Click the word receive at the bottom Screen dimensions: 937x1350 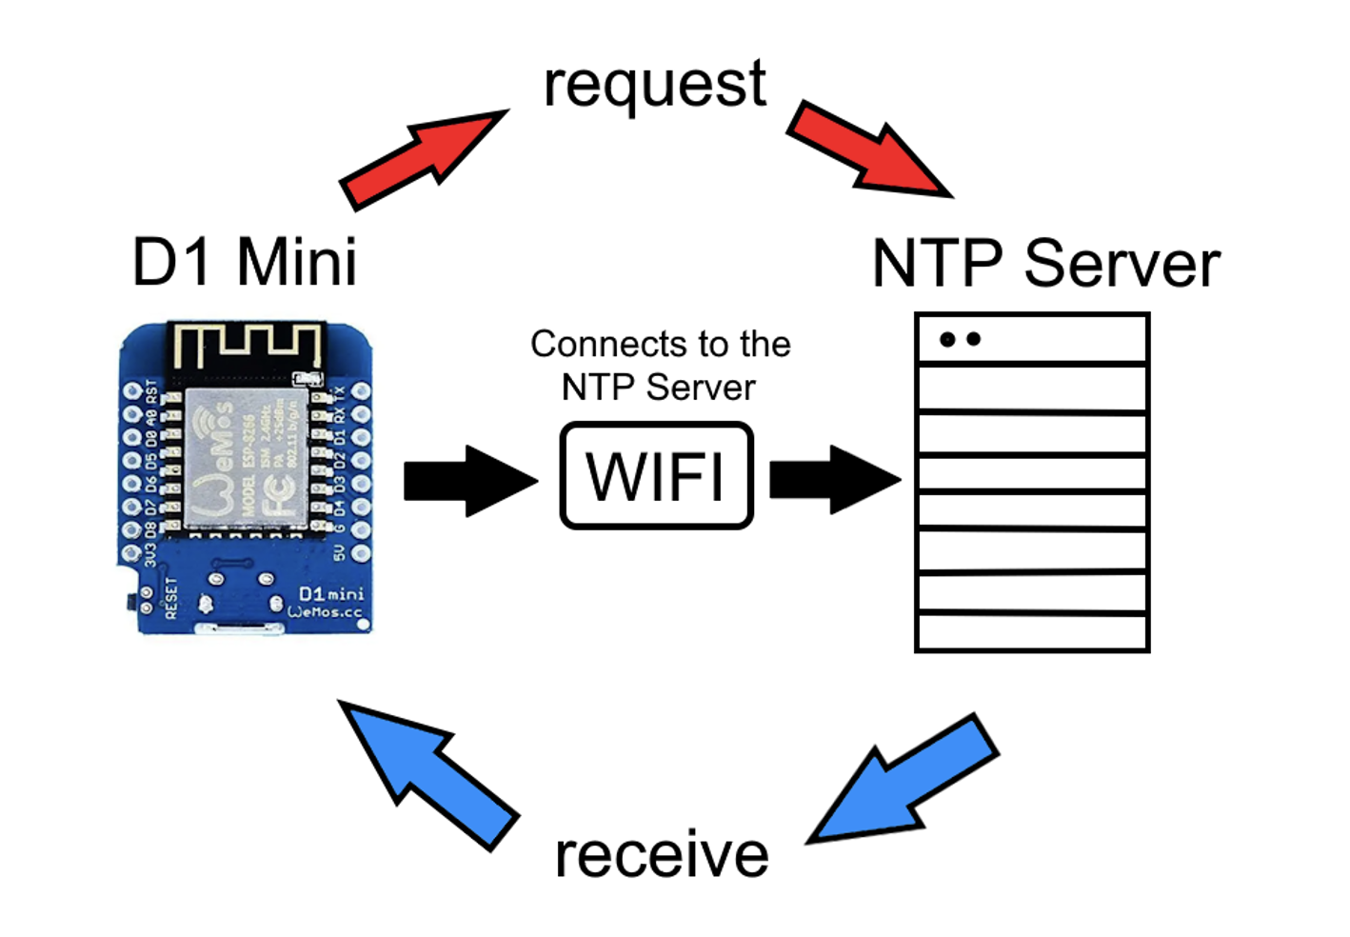(x=662, y=854)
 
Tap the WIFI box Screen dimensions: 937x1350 (x=657, y=475)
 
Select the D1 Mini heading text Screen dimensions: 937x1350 (x=245, y=262)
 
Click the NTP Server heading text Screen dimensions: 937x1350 (x=1045, y=264)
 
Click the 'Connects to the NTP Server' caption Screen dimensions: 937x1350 (x=660, y=366)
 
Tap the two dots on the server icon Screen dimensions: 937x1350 (x=960, y=339)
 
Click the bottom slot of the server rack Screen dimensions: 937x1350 (x=1032, y=632)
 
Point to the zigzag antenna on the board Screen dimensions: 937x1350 (x=247, y=346)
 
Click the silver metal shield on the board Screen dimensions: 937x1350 (x=246, y=457)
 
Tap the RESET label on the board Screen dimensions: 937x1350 (x=171, y=597)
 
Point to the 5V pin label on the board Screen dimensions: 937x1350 (x=339, y=552)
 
